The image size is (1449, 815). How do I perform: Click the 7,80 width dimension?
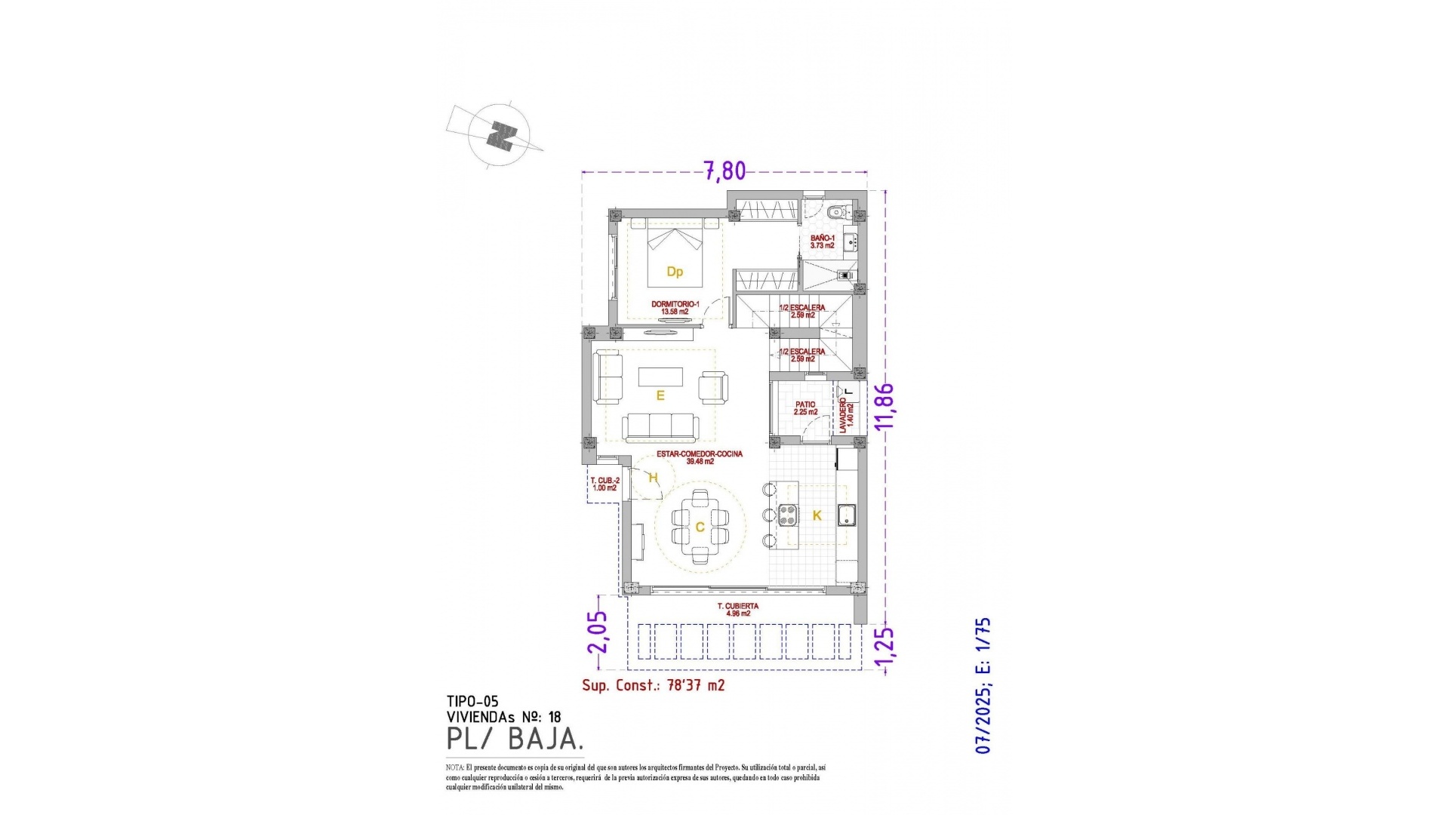click(x=724, y=171)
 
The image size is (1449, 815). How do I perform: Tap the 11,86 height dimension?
click(x=884, y=406)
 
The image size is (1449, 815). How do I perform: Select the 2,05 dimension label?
click(x=597, y=632)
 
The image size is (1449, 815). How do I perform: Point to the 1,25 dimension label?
click(x=884, y=647)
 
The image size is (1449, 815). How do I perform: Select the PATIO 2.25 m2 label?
click(x=805, y=408)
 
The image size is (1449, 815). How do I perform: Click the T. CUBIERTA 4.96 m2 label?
click(x=737, y=610)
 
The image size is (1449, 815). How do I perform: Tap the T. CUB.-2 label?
click(x=605, y=484)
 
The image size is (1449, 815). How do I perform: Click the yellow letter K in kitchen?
click(x=817, y=516)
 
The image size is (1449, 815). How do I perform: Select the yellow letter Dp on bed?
click(x=675, y=272)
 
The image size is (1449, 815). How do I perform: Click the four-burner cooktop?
click(x=788, y=515)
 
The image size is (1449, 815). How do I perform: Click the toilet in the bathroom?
click(x=834, y=212)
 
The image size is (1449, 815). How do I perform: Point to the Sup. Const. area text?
click(x=653, y=685)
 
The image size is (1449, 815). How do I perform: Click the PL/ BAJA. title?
click(x=515, y=739)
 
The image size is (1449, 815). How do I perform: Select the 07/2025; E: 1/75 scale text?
click(x=983, y=685)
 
